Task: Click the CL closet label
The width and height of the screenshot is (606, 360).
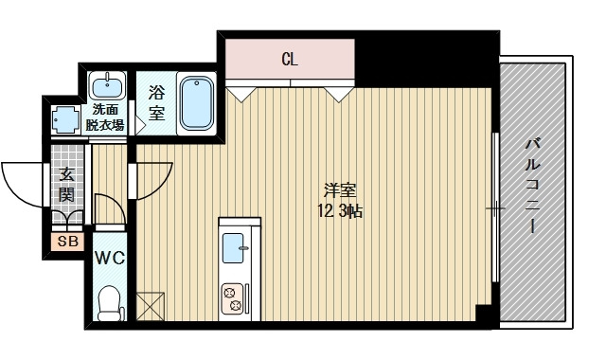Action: (x=290, y=60)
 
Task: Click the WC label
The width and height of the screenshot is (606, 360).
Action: (x=109, y=257)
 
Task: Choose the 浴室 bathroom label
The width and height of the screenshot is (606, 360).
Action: (x=157, y=103)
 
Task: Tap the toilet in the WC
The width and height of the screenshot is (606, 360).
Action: (x=110, y=302)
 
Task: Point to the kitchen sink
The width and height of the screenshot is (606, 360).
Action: (x=233, y=250)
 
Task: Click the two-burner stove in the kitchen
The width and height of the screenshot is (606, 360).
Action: (x=233, y=299)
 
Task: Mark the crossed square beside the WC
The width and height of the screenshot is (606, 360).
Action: (x=150, y=306)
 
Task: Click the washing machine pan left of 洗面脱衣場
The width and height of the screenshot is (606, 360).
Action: (x=65, y=120)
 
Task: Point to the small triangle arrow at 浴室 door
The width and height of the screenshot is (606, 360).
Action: (x=139, y=123)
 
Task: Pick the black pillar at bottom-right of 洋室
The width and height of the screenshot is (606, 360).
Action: (x=484, y=314)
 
